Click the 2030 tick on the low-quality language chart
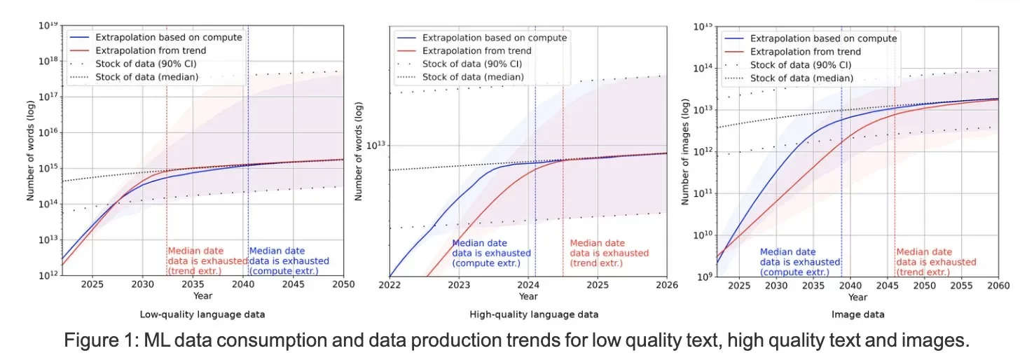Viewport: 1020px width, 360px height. pos(142,284)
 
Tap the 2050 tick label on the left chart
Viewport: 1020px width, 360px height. pos(343,284)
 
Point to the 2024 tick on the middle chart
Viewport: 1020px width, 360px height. pos(528,285)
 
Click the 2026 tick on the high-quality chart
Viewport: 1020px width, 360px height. pos(666,285)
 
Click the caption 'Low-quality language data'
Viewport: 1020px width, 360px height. pos(192,314)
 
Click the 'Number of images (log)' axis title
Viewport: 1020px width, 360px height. pos(686,153)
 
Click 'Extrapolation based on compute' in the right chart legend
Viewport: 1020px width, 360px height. pos(823,39)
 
